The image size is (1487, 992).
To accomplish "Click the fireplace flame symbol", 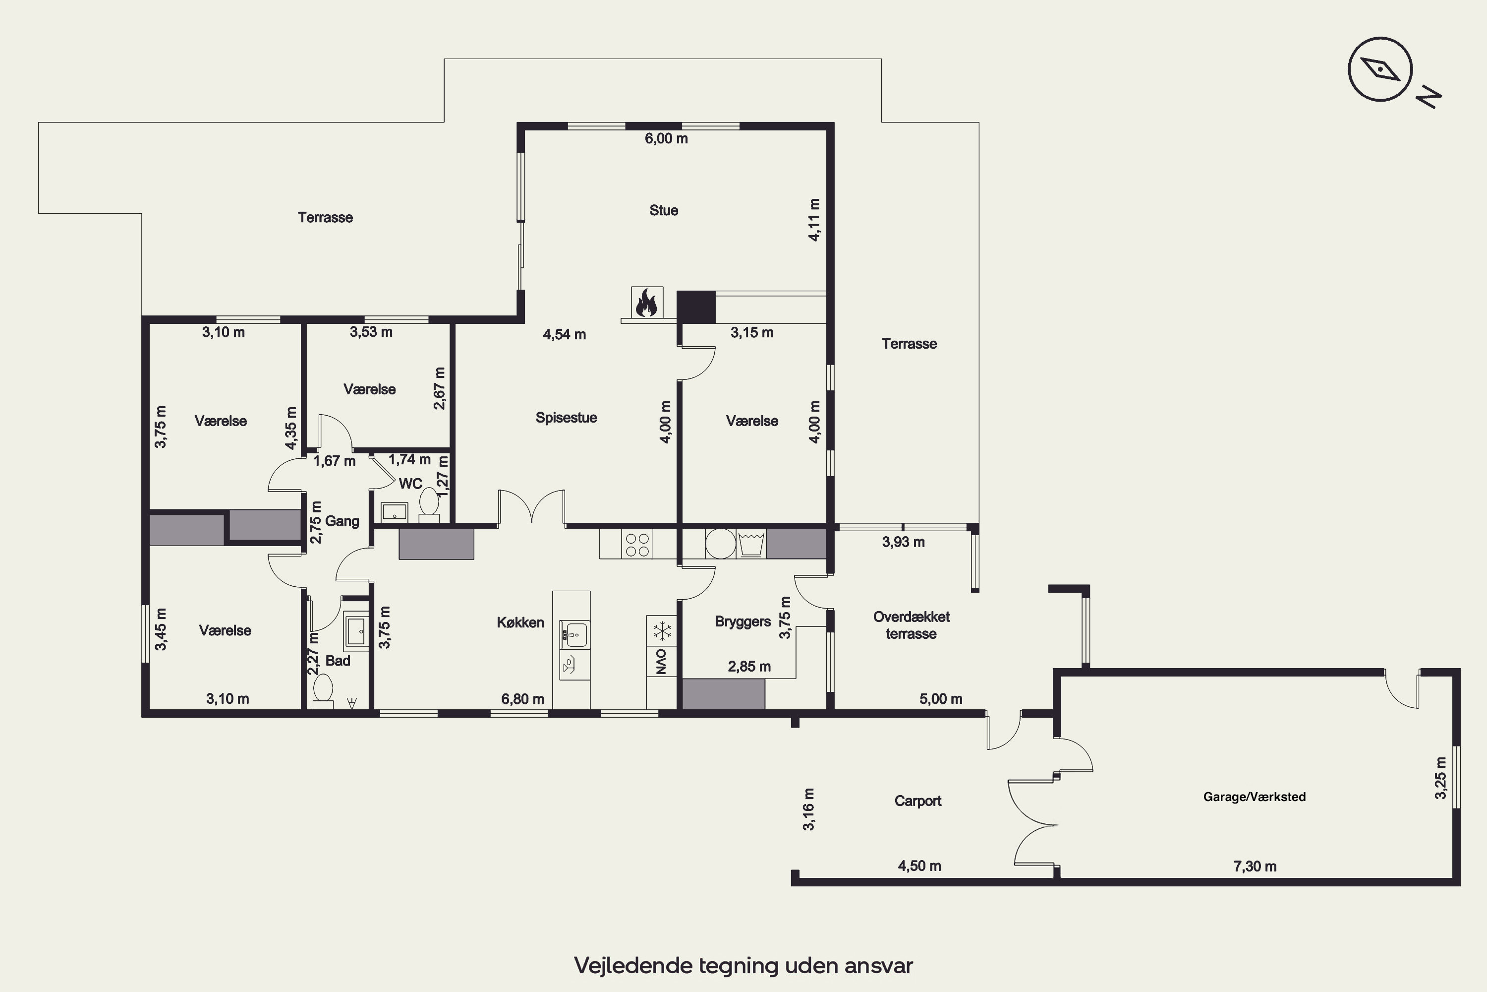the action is [647, 303].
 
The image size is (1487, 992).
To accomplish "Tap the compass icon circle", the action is [1380, 69].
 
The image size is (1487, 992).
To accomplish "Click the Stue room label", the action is [664, 210].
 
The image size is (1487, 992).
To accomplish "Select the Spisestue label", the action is [566, 418].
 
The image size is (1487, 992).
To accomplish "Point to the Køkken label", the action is [520, 622].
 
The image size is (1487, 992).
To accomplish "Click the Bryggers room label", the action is [743, 621].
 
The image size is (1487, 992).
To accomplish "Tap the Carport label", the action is [918, 801].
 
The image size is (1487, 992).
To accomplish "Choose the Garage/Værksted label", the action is [1255, 797].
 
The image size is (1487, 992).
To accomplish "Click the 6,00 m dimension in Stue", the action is [666, 138].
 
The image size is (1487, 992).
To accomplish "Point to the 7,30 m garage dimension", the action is [1255, 866].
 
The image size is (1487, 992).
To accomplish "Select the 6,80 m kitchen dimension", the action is [523, 699].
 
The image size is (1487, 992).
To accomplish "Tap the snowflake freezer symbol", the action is [662, 631].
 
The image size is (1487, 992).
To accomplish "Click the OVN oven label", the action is [661, 662].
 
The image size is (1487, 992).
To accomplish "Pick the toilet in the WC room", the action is [429, 505].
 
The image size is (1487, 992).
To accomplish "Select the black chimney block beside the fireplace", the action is [696, 307].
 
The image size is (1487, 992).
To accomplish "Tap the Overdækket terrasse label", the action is [911, 625].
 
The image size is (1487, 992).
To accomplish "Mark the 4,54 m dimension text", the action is [565, 335].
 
